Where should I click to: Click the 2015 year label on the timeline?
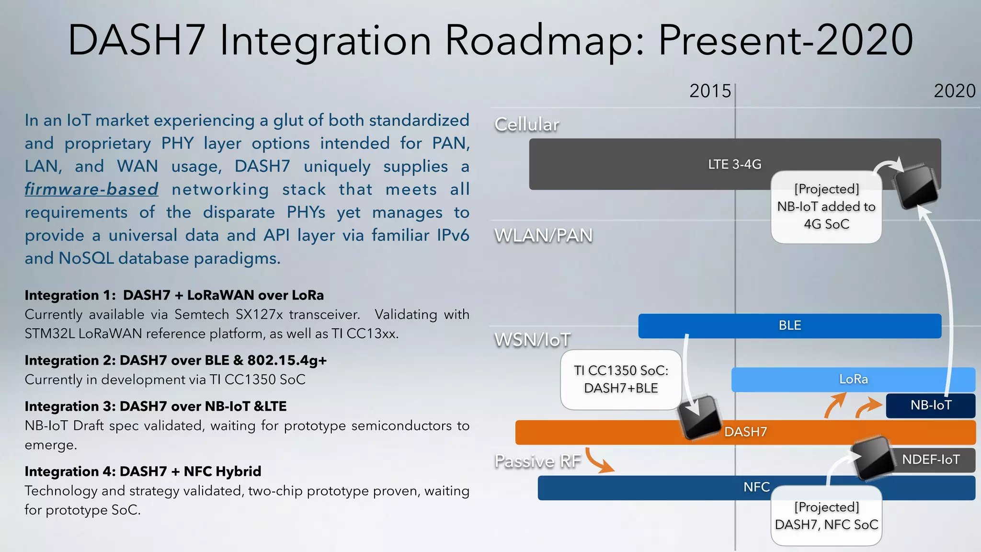coord(710,91)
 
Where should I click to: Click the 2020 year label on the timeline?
coord(954,91)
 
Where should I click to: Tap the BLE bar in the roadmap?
coord(789,326)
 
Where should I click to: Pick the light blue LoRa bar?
coord(853,379)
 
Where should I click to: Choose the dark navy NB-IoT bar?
coord(930,405)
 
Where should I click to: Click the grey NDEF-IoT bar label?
coord(931,460)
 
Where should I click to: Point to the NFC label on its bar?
coord(756,487)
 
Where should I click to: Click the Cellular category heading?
coord(526,125)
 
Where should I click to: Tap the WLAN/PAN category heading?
coord(543,236)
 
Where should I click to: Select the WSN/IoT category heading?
coord(532,340)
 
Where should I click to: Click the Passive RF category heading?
coord(537,461)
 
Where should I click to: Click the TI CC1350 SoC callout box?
coord(621,379)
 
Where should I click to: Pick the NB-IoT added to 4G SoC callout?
coord(826,207)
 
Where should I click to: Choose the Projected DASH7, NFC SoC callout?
coord(826,516)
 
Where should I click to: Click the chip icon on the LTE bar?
coord(915,186)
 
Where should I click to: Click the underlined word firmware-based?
coord(91,189)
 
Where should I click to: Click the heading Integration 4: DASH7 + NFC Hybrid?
coord(143,471)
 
